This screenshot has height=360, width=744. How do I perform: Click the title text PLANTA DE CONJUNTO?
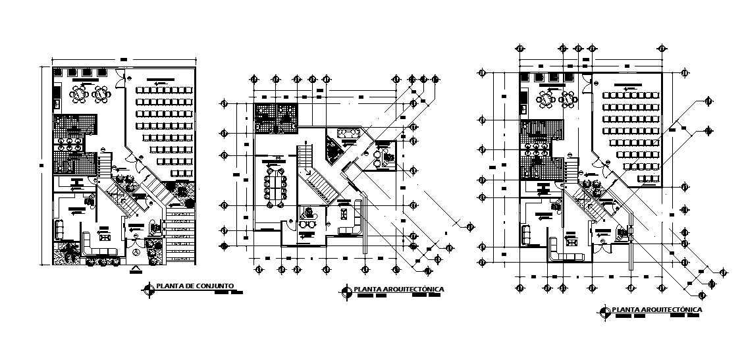click(194, 286)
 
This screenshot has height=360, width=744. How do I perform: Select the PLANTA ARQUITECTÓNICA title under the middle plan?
click(398, 289)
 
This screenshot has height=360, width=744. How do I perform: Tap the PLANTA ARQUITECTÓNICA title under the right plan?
click(656, 309)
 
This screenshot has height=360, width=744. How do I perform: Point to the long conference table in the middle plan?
click(275, 186)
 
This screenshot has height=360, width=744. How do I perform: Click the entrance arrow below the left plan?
click(135, 268)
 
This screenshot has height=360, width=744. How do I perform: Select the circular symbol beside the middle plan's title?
click(346, 290)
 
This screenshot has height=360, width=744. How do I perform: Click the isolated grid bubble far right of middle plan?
click(469, 227)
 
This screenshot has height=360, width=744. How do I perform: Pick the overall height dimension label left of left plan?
click(41, 165)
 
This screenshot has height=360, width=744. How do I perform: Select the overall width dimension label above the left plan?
click(123, 61)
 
